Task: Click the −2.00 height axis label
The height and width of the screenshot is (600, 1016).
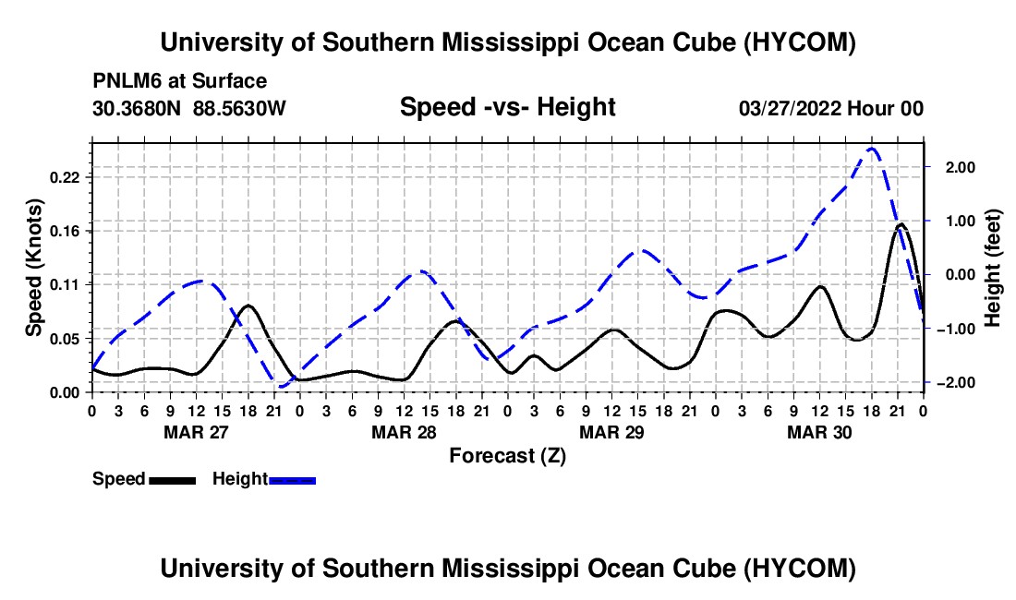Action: (956, 383)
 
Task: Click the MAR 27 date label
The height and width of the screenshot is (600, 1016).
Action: (197, 432)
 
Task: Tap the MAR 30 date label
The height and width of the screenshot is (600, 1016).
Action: (819, 432)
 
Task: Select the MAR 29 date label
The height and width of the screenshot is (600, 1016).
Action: (611, 432)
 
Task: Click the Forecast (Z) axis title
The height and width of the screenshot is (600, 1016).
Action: (508, 456)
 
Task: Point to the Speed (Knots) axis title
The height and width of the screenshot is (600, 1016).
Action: (33, 268)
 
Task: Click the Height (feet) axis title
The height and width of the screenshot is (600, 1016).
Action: (992, 268)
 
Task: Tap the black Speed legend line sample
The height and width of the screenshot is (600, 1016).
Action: (173, 480)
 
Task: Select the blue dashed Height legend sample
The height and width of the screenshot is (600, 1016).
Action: (292, 480)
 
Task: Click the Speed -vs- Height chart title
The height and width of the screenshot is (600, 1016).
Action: (507, 107)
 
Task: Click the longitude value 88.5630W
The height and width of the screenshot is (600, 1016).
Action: (239, 108)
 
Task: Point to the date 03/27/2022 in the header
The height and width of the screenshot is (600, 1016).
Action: (790, 108)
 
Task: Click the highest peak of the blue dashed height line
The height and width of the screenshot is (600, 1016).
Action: (872, 149)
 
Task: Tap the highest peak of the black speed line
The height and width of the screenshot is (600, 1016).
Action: (901, 224)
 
